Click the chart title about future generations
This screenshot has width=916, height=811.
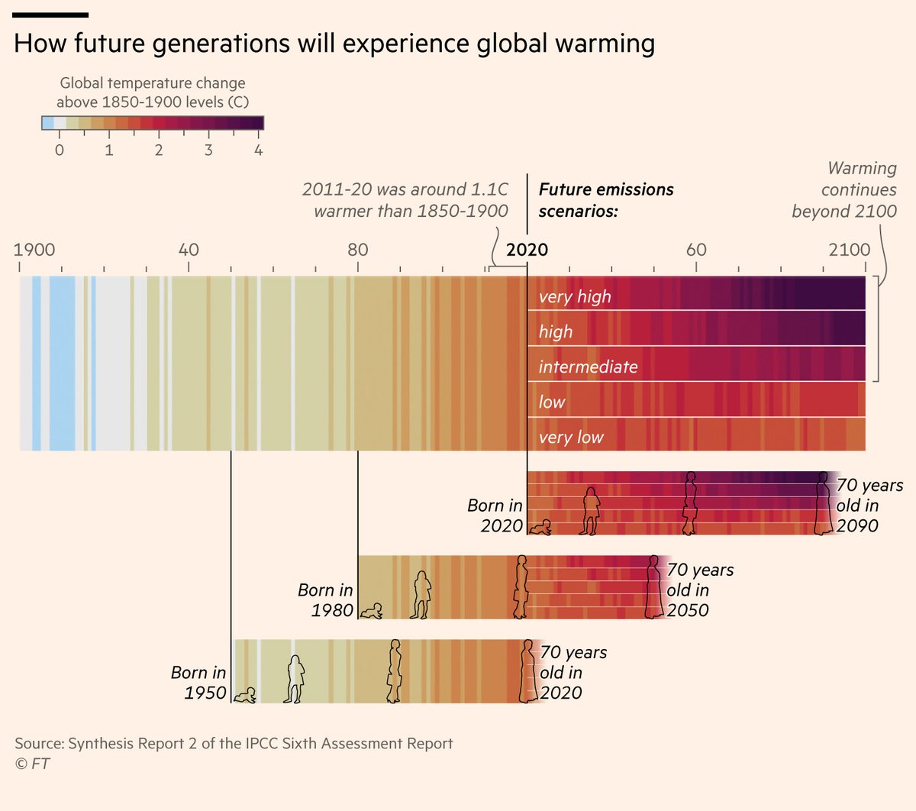click(334, 44)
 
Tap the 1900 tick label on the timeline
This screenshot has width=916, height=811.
click(34, 250)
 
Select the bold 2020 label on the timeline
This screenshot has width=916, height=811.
click(527, 250)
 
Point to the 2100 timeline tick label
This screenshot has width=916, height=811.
click(849, 250)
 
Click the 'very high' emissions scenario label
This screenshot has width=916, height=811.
click(575, 296)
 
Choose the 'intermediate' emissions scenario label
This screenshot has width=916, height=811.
click(588, 367)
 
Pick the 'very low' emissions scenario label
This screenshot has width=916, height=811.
click(571, 437)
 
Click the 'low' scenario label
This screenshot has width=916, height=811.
click(552, 402)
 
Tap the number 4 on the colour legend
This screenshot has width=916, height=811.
click(259, 150)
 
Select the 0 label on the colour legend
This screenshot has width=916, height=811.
click(60, 150)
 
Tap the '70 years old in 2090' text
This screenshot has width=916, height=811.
click(869, 506)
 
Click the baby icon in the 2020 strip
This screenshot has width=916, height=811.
click(542, 527)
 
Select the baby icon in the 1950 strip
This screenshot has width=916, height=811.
click(245, 695)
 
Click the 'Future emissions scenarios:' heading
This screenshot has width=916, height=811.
click(605, 200)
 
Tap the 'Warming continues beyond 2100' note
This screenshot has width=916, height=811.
click(845, 189)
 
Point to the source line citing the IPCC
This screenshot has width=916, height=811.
click(234, 743)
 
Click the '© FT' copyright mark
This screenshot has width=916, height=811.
click(32, 763)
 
